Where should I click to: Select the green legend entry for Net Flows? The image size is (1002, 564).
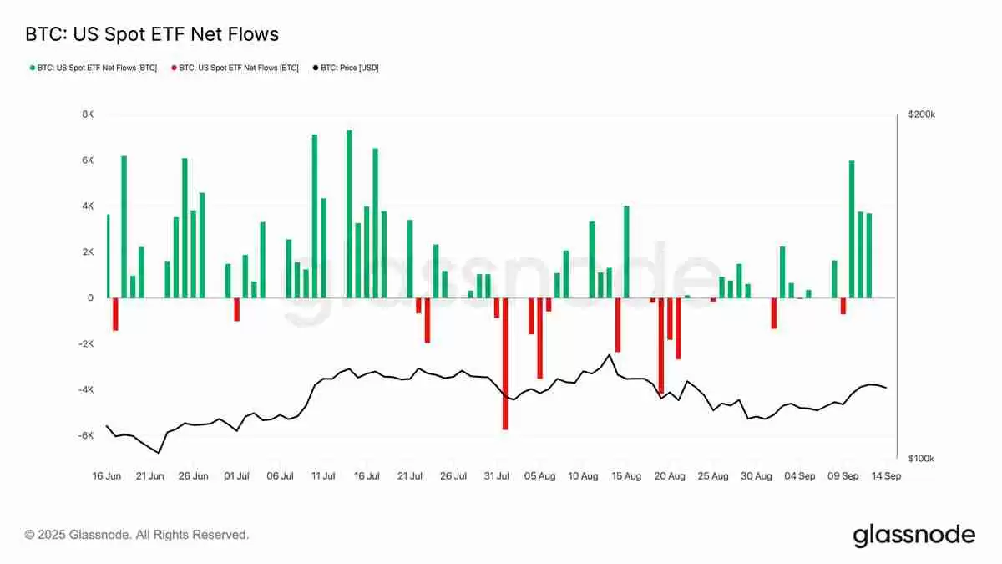click(x=93, y=68)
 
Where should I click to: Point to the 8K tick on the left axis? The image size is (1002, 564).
click(x=87, y=114)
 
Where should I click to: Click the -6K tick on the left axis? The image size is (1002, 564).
click(x=85, y=436)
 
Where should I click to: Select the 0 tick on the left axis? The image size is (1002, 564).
click(x=90, y=298)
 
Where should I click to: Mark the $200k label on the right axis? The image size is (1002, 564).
click(x=922, y=114)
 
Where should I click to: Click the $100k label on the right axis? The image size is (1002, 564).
click(x=922, y=459)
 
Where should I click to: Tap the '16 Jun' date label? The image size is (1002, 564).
click(x=107, y=476)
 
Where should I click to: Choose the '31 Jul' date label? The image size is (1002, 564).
click(x=497, y=476)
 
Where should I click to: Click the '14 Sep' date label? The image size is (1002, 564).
click(x=886, y=476)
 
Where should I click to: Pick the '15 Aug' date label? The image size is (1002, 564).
click(x=626, y=476)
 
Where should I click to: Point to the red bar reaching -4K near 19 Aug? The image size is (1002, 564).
click(x=660, y=346)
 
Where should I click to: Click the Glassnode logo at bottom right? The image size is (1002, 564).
click(x=913, y=536)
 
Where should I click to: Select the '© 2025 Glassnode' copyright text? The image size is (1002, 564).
click(x=137, y=535)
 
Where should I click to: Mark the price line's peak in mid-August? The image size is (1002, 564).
click(x=609, y=354)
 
